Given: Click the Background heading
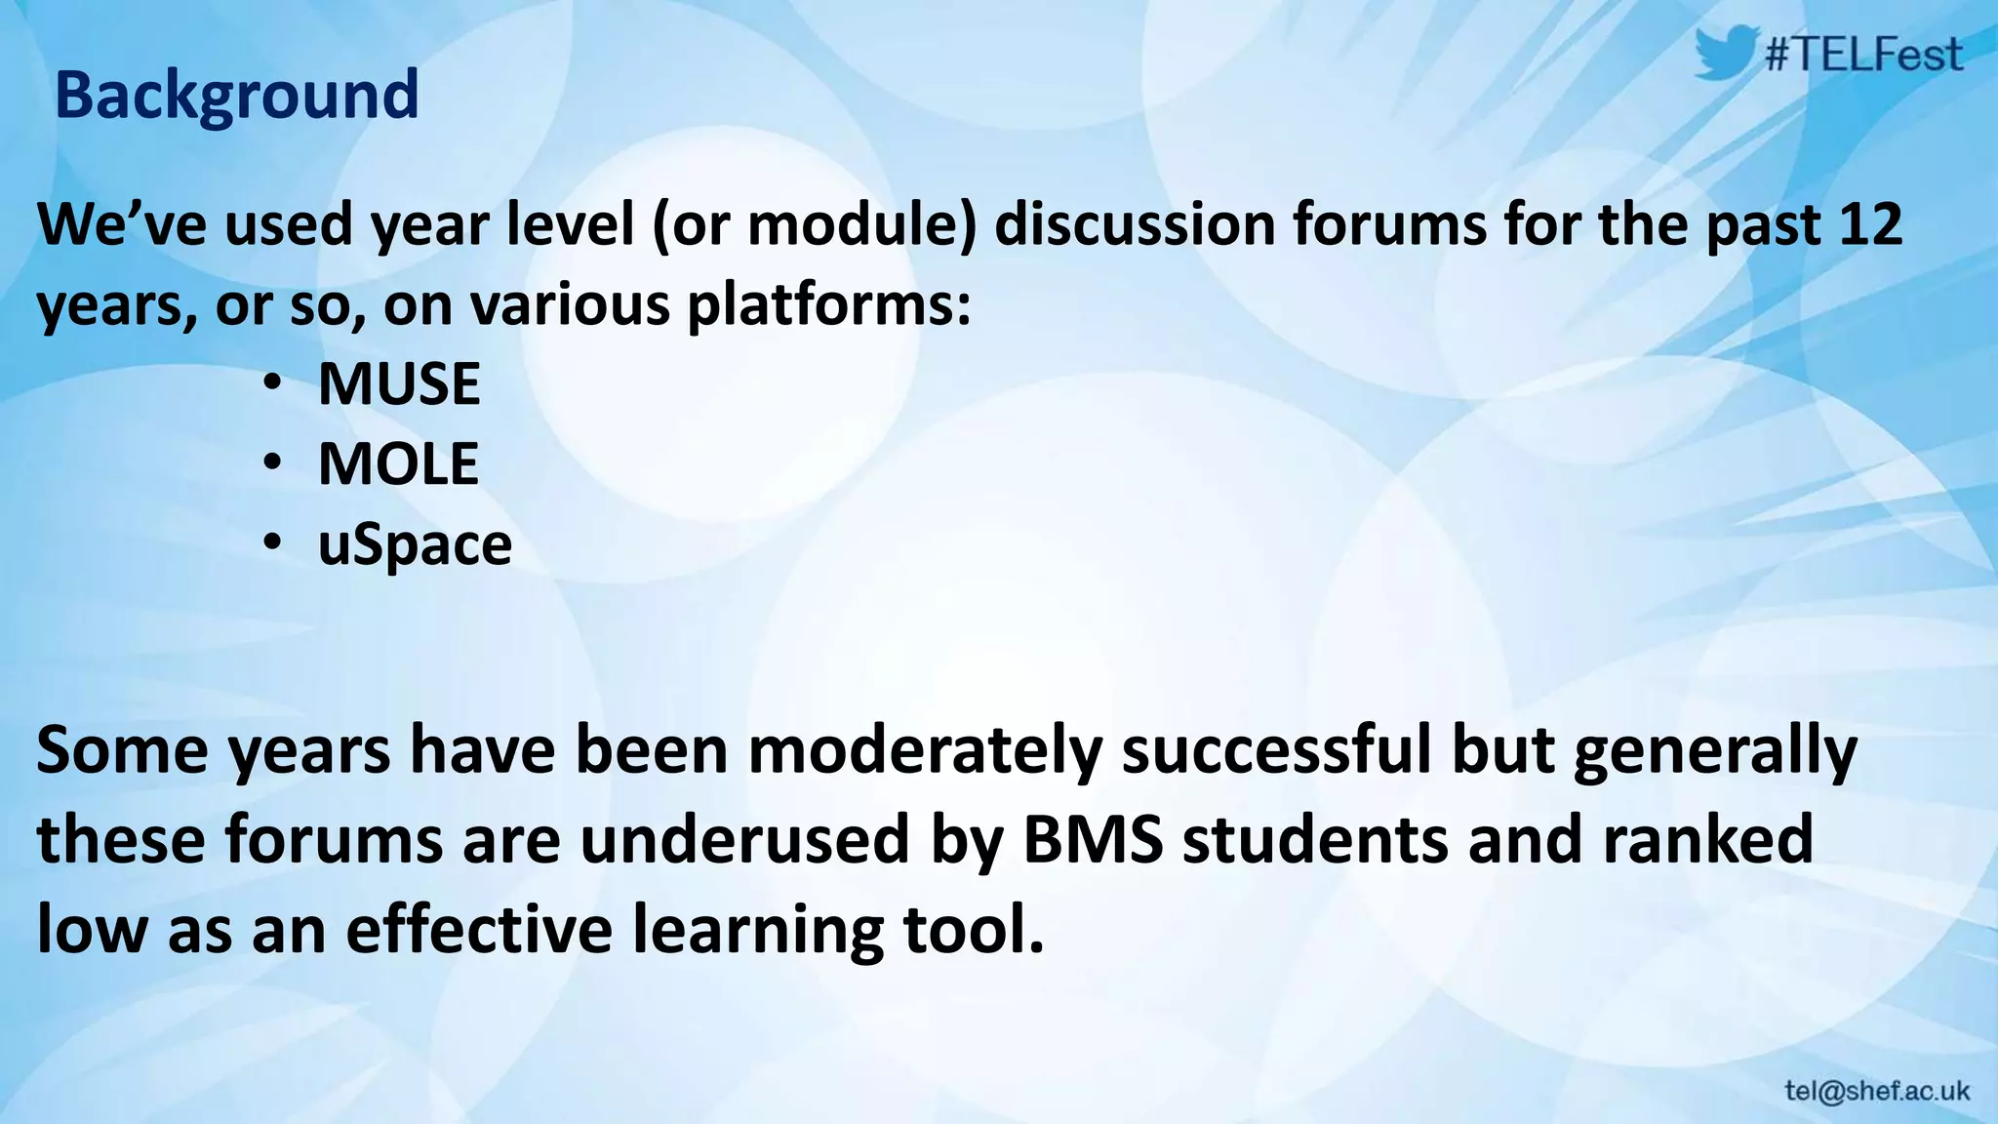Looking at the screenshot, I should [236, 95].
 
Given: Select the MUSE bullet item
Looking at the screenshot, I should [398, 383].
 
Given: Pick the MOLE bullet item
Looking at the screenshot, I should [398, 463].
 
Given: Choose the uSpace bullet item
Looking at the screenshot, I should [415, 544].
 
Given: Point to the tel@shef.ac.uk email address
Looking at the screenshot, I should [1877, 1091].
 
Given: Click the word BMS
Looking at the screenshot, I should [1093, 839].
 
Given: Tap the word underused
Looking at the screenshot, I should [744, 839].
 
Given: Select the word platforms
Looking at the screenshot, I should [828, 304].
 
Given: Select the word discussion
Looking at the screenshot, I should [1134, 223].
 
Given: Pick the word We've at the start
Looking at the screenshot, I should [121, 223].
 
